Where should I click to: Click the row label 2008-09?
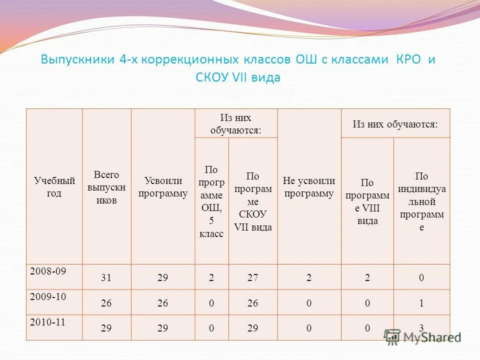click(x=48, y=271)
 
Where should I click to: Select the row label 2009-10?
click(x=48, y=296)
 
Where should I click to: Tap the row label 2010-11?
click(x=48, y=322)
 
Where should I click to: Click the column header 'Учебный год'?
click(x=54, y=186)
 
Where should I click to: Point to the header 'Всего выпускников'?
click(x=106, y=187)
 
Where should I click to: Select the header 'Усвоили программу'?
click(x=163, y=187)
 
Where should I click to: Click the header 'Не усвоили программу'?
click(x=309, y=187)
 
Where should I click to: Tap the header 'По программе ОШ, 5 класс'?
click(x=211, y=201)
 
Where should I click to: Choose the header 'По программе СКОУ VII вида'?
click(x=253, y=201)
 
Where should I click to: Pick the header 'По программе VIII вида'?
click(x=367, y=201)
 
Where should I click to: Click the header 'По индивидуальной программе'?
click(x=421, y=201)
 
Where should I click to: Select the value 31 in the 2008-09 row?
click(x=105, y=278)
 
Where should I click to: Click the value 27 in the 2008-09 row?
click(x=252, y=278)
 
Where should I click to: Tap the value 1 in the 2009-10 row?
click(x=421, y=303)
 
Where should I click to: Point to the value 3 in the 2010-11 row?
click(x=421, y=328)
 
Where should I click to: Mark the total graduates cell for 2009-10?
click(x=105, y=303)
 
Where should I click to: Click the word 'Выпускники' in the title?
click(x=77, y=59)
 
